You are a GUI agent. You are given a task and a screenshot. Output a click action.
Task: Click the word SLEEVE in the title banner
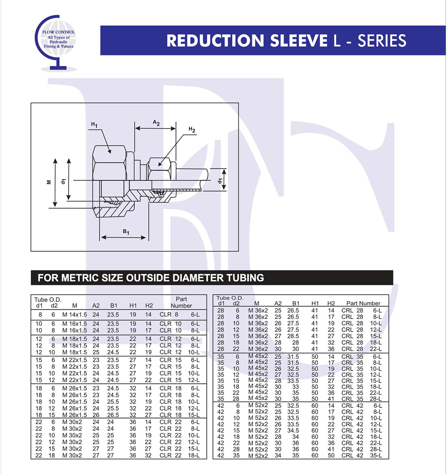click(x=299, y=41)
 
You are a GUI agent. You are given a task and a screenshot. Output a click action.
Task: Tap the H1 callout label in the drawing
click(x=94, y=124)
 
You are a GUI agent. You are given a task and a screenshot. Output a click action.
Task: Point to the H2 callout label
click(x=192, y=129)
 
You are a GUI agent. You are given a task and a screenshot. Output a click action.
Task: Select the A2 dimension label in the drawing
click(x=156, y=123)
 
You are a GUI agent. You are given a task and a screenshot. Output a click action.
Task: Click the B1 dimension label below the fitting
click(x=126, y=232)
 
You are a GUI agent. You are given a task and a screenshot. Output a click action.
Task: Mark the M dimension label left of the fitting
click(x=49, y=182)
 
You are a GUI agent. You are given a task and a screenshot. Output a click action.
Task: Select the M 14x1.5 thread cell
click(x=75, y=315)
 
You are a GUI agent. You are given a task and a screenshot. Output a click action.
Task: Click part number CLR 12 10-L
click(x=179, y=352)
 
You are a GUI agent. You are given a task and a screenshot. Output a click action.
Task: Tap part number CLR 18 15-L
click(x=179, y=415)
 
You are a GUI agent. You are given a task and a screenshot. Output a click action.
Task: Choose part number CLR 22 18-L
click(x=179, y=455)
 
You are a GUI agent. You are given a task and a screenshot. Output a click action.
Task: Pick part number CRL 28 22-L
click(x=362, y=349)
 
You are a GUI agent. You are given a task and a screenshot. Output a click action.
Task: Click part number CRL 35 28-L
click(x=362, y=399)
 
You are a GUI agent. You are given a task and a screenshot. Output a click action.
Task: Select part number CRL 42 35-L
click(x=362, y=455)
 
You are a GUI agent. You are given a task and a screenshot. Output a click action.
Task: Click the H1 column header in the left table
click(x=133, y=305)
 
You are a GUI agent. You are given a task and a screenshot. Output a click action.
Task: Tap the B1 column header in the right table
click(x=296, y=303)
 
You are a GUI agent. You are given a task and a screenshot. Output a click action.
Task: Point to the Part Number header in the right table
click(x=363, y=303)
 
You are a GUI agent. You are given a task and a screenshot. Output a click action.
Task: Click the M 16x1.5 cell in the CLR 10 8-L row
click(x=75, y=330)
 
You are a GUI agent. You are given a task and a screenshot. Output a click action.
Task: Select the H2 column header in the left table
click(x=149, y=305)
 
